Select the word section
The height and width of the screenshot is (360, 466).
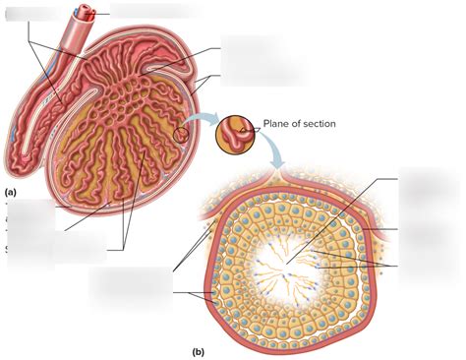(320, 124)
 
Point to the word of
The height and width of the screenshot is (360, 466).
(300, 124)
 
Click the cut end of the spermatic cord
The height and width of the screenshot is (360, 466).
(89, 13)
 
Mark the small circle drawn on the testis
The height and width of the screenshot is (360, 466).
(181, 137)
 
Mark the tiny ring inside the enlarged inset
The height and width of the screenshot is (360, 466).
(244, 128)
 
